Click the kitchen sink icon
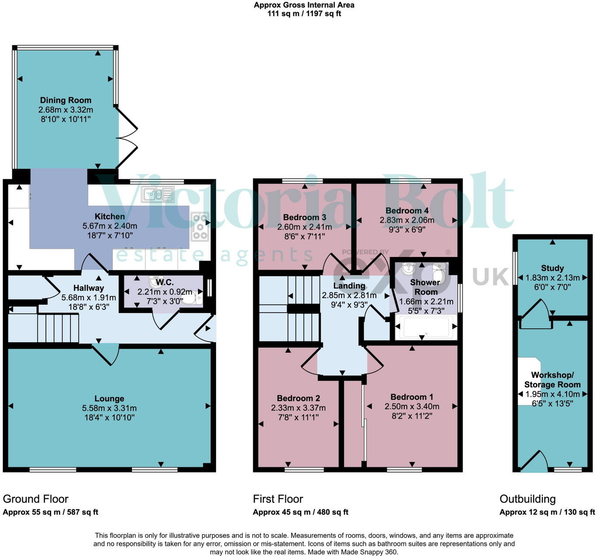(x=159, y=194)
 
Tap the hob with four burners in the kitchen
(x=200, y=226)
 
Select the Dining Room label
(x=66, y=100)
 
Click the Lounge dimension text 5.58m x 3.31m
(x=109, y=408)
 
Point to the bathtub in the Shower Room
(x=426, y=327)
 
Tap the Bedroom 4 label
(x=407, y=211)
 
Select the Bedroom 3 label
(x=304, y=217)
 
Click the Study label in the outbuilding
(x=552, y=268)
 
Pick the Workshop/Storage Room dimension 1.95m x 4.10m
(x=552, y=394)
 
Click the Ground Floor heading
(x=35, y=499)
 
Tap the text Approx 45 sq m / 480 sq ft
(x=300, y=512)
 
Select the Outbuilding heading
(x=528, y=499)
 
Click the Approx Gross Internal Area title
(x=304, y=5)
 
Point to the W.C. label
(x=165, y=282)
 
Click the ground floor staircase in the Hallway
(x=58, y=328)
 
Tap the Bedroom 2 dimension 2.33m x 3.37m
(x=298, y=408)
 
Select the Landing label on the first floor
(x=349, y=285)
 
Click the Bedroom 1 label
(x=412, y=396)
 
